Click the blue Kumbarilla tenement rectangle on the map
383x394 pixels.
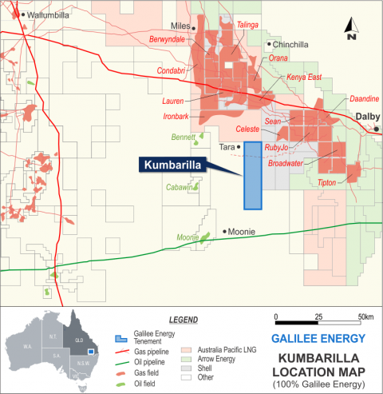[x=253, y=176]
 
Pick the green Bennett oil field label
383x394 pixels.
[x=183, y=137]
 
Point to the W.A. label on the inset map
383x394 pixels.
[x=26, y=347]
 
